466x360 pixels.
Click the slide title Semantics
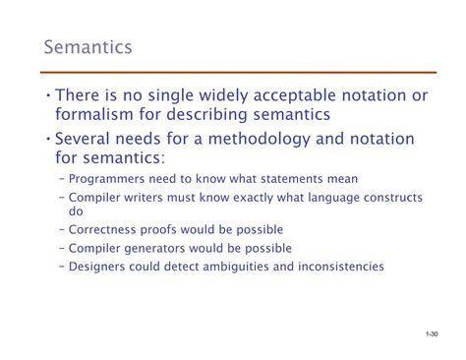click(89, 47)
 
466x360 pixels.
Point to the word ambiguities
click(240, 267)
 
